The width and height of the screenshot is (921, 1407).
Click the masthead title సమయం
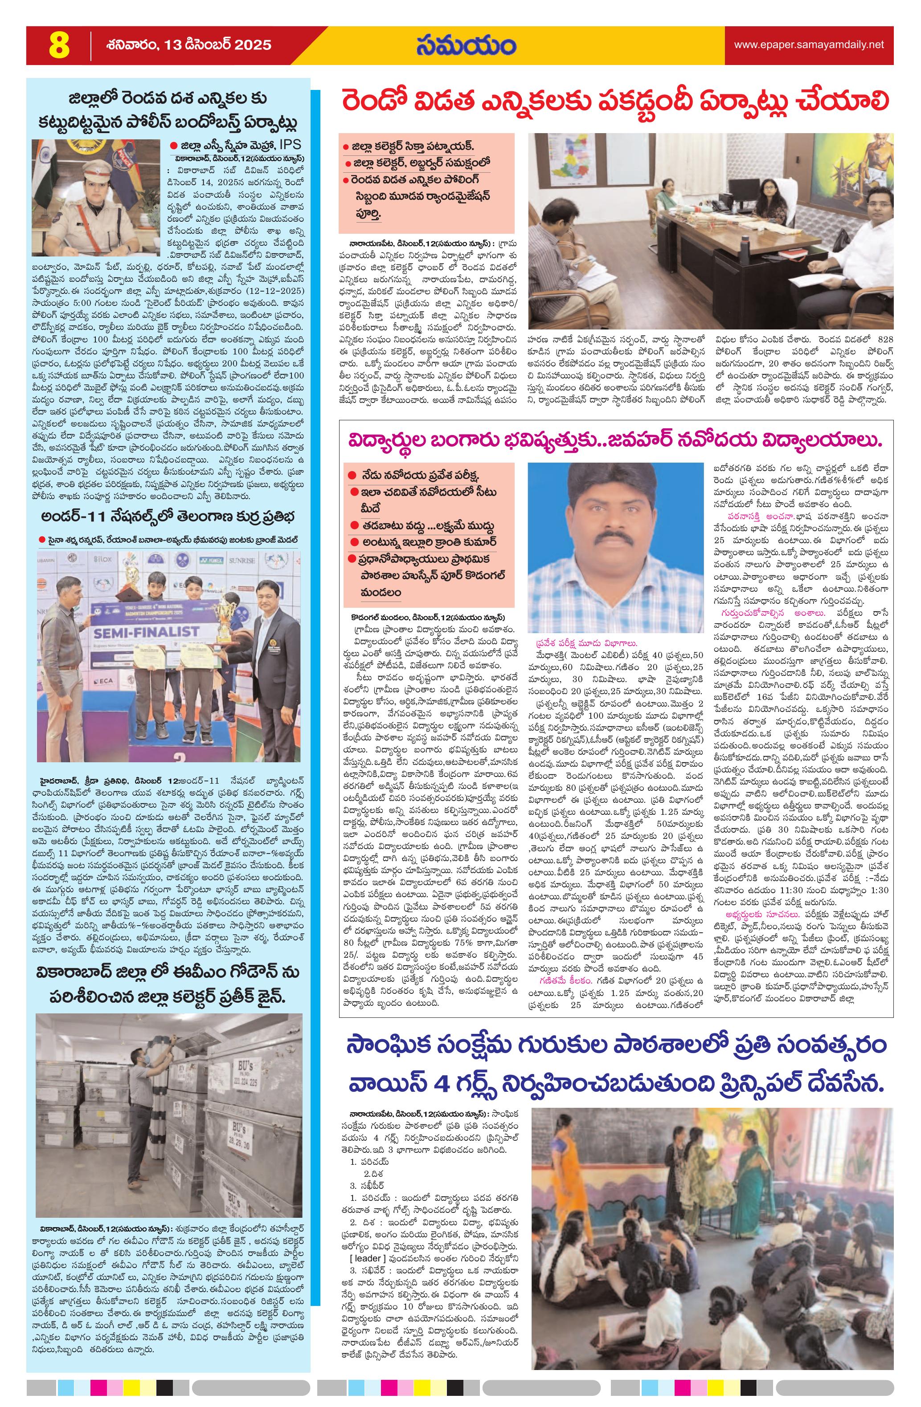pyautogui.click(x=465, y=45)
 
